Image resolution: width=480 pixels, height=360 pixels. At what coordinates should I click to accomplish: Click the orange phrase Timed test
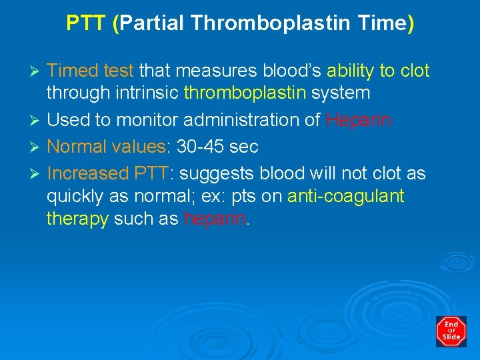click(90, 71)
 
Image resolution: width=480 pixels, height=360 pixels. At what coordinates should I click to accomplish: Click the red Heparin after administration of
click(359, 120)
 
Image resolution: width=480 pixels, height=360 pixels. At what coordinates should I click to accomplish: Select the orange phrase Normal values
click(106, 145)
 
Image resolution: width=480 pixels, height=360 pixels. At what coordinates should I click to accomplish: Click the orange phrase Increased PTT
click(109, 173)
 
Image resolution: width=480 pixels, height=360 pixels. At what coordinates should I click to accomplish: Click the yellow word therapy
click(77, 219)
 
